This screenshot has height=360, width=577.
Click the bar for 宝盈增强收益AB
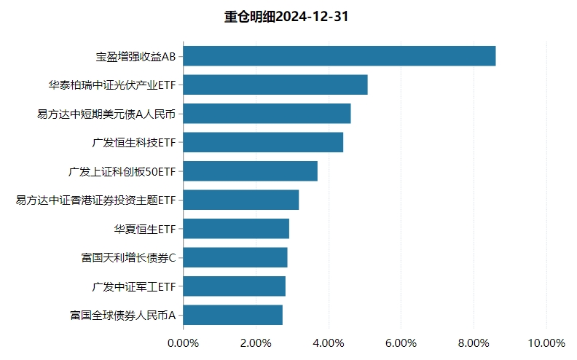339,56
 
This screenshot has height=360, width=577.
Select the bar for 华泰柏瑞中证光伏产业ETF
275,85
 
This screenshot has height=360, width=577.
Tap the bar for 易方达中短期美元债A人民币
267,114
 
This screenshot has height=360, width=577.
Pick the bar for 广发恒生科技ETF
263,142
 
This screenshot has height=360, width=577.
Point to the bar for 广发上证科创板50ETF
251,171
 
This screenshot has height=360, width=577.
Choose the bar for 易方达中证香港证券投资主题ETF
241,200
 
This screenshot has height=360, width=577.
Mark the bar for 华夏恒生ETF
236,229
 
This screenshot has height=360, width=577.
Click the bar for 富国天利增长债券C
235,257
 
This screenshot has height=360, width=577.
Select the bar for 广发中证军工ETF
235,286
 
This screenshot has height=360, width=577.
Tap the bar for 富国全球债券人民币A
233,315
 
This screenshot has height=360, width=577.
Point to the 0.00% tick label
183,343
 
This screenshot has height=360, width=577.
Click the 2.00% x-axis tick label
256,343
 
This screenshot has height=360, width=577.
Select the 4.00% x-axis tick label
329,343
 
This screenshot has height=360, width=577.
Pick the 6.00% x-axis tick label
401,343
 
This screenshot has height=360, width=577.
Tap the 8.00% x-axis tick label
474,343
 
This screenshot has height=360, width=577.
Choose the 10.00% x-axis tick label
546,343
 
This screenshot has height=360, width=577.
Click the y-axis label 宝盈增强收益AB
136,56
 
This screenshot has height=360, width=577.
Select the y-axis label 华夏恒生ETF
145,229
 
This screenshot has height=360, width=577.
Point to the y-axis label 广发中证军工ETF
134,286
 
